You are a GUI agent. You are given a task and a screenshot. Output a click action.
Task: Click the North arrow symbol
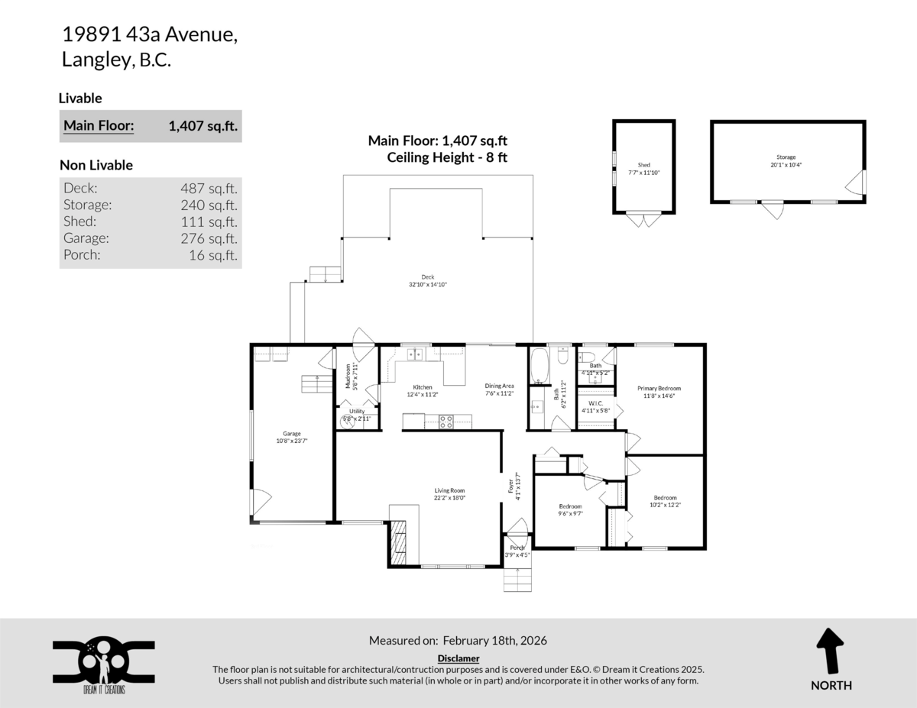(x=831, y=650)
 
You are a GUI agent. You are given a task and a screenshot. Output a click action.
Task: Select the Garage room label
(x=291, y=434)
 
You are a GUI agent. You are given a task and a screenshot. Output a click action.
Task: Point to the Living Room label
(x=449, y=490)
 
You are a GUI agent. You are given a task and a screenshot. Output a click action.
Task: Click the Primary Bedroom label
(x=659, y=388)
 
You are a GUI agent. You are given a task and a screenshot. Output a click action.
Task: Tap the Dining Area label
(x=499, y=386)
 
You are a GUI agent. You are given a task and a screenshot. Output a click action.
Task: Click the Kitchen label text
(x=423, y=387)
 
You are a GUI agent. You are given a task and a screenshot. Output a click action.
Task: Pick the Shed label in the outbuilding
(x=643, y=164)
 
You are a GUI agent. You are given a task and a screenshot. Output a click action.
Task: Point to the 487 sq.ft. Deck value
(x=209, y=188)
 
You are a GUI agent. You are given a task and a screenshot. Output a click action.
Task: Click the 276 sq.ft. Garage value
(x=209, y=238)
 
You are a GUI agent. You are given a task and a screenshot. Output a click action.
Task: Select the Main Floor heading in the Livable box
(x=99, y=126)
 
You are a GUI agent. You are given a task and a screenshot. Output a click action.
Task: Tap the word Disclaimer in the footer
(x=458, y=658)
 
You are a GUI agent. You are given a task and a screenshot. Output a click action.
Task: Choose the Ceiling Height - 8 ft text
(x=447, y=157)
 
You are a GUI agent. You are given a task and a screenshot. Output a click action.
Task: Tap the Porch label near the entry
(x=517, y=548)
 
